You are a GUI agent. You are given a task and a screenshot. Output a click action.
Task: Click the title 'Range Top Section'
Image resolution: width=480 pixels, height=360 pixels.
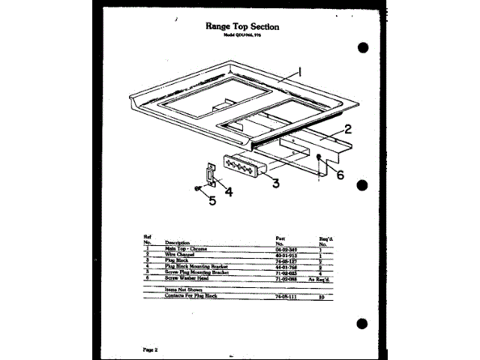tap(241, 26)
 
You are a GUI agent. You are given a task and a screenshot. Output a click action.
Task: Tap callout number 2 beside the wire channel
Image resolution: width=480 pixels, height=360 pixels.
tap(347, 128)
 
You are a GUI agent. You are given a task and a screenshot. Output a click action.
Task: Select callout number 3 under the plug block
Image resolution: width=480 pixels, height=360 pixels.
tap(276, 182)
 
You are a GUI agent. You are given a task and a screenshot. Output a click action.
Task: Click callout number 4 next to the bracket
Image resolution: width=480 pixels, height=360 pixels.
tap(228, 190)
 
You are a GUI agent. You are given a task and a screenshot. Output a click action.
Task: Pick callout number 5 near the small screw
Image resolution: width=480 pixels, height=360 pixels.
tap(212, 200)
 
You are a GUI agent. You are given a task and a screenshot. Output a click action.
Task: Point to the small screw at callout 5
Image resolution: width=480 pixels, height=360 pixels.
tap(196, 188)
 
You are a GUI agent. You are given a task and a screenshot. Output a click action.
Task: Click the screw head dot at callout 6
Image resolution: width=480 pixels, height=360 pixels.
tap(320, 157)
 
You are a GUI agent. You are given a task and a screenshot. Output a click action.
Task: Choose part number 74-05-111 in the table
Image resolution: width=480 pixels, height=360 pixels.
tap(287, 296)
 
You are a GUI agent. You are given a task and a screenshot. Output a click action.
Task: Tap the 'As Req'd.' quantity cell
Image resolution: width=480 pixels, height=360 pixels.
tap(325, 279)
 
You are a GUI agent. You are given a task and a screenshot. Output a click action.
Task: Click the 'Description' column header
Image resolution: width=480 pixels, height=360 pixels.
tap(176, 243)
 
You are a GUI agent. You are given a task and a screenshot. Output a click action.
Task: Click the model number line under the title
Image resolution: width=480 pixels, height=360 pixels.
tap(241, 36)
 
